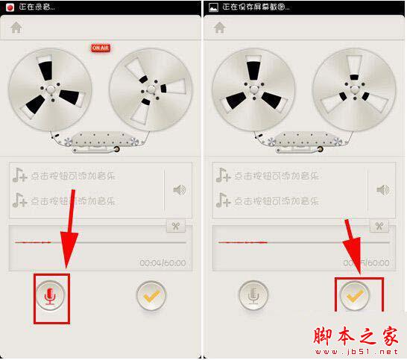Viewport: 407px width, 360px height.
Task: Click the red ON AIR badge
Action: pos(101,48)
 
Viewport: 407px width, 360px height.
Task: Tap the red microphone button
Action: pos(51,296)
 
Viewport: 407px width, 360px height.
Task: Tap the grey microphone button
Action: pos(254,296)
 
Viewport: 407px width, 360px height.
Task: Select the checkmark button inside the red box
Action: pos(356,296)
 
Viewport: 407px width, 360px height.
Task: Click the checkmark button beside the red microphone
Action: pos(152,296)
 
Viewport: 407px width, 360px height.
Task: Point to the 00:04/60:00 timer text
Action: pos(163,263)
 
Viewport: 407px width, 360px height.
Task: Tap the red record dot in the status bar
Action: pos(10,7)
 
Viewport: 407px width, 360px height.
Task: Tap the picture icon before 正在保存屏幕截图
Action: pos(214,7)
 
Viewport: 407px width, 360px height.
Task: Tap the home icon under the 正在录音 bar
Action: pos(16,28)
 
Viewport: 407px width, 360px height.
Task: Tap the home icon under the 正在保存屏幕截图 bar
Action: pos(220,28)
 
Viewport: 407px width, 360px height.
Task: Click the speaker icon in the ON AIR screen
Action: pos(179,189)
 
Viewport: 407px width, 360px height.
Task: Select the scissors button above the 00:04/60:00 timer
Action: pos(176,227)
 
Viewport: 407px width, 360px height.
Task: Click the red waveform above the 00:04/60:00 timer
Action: pos(34,243)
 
